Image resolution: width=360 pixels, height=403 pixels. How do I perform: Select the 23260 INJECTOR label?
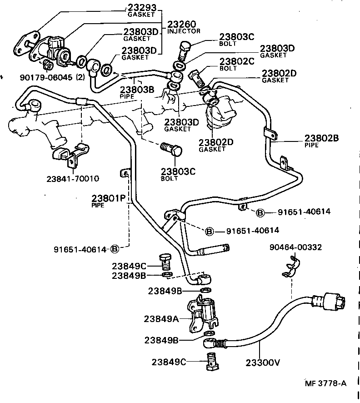184,27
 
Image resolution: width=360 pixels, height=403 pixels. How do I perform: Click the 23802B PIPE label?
321,141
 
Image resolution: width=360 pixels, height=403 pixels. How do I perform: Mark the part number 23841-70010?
73,178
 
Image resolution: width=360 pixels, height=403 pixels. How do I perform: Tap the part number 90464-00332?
295,247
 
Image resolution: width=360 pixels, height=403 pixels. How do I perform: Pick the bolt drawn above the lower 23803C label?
171,150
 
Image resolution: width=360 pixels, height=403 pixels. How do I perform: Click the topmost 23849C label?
129,266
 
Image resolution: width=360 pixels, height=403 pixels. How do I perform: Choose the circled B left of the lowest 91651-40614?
115,249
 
